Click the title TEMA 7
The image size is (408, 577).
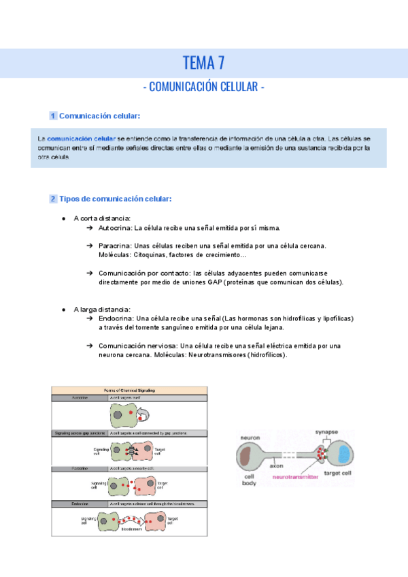point(203,63)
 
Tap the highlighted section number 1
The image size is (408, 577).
point(53,116)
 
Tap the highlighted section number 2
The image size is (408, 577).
point(53,199)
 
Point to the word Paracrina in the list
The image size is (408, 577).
point(115,246)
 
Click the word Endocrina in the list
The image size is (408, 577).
point(116,318)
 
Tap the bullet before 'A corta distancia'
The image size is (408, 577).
point(63,218)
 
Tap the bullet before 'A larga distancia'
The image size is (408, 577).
point(63,309)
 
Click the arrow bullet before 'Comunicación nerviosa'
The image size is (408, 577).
point(90,346)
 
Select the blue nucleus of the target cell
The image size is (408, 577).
point(345,454)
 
